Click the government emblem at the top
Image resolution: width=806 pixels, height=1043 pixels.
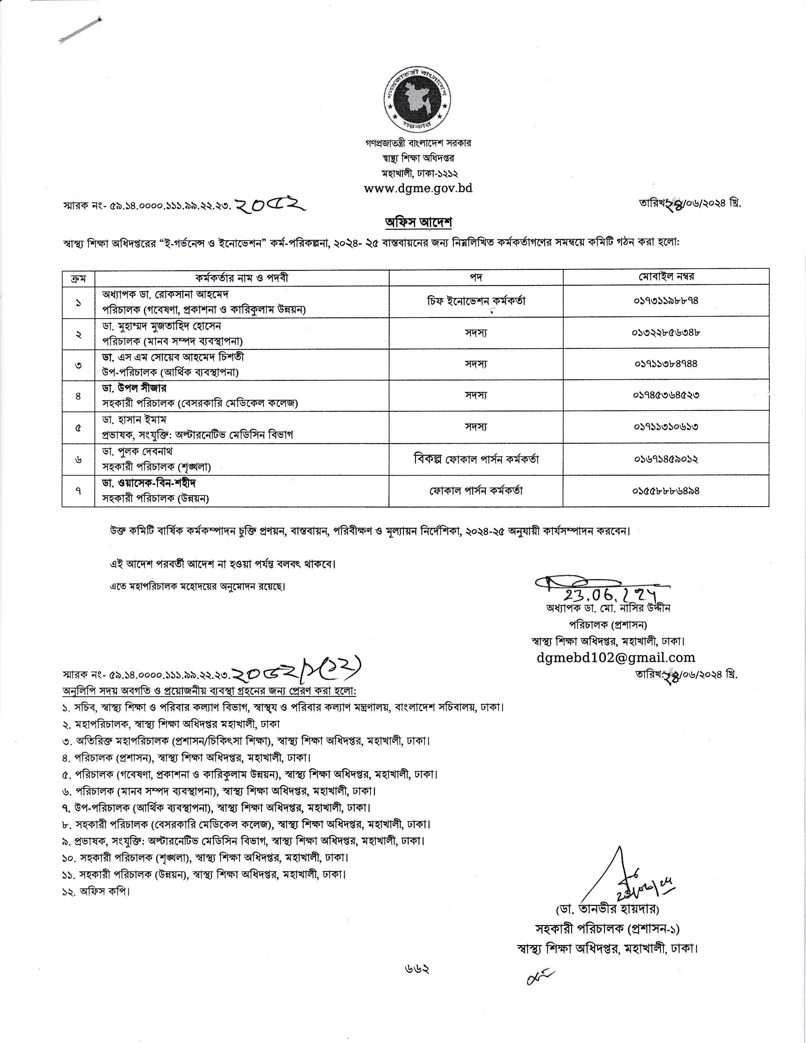click(x=418, y=100)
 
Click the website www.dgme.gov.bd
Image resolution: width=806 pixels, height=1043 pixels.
click(x=418, y=188)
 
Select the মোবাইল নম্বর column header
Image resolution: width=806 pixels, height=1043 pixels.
click(x=666, y=277)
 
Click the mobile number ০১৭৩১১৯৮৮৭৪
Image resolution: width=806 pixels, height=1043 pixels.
click(x=666, y=301)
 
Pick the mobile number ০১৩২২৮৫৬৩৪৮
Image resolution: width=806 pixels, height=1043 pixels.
click(x=666, y=332)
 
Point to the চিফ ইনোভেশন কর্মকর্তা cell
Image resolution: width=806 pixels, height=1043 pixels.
click(x=476, y=301)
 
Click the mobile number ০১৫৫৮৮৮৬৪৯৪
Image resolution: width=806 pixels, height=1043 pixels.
click(x=666, y=491)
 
